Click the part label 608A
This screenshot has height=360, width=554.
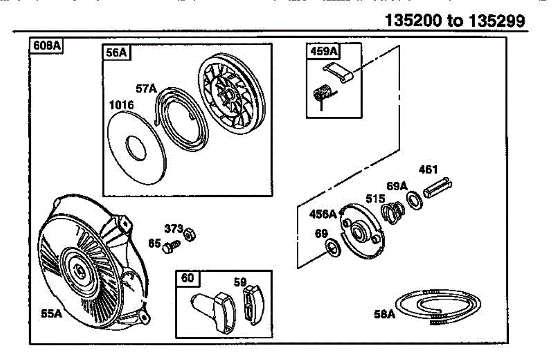(47, 46)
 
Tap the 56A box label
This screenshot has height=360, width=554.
(116, 53)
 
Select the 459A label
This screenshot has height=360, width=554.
(324, 51)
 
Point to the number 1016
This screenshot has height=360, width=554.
(121, 105)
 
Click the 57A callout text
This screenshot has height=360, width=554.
(146, 88)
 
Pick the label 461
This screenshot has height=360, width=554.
(428, 170)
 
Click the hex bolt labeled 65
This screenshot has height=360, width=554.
(171, 246)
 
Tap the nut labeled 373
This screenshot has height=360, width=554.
(190, 234)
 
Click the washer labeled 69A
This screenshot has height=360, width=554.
(415, 201)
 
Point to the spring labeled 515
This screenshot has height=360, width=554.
(393, 213)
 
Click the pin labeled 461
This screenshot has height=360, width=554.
(438, 187)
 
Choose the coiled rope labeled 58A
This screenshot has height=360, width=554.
(438, 306)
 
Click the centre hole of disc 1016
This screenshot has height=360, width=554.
(136, 148)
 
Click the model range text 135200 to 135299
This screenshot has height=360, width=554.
(455, 20)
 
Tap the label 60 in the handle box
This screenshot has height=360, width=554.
(187, 278)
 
